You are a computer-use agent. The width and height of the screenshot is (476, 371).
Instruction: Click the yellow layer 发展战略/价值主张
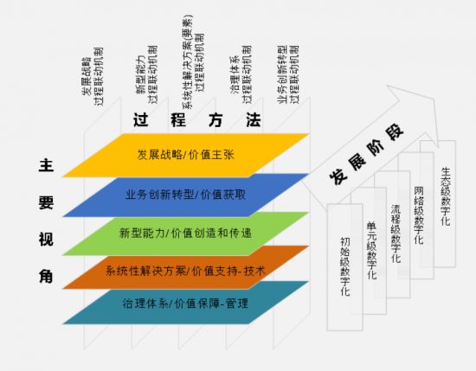[186, 156]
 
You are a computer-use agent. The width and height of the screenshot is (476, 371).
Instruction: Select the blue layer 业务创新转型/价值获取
[186, 195]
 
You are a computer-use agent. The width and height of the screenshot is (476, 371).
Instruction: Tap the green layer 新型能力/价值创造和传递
[186, 233]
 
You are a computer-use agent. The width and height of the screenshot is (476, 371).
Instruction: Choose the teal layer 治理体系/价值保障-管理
[186, 304]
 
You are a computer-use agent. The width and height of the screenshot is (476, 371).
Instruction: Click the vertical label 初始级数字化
[344, 266]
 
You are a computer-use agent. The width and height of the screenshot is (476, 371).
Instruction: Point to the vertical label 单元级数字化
[372, 251]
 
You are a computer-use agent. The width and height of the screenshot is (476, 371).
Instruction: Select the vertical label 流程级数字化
[396, 233]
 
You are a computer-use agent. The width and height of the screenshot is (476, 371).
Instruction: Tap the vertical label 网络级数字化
[419, 215]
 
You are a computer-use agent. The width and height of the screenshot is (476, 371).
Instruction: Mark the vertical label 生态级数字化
[446, 196]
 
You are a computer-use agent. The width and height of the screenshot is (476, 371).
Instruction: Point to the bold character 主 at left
[46, 165]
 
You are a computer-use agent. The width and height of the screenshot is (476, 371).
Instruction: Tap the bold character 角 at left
[46, 277]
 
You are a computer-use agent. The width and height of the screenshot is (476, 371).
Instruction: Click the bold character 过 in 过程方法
[141, 120]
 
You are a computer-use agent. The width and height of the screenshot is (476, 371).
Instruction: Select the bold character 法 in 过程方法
[254, 120]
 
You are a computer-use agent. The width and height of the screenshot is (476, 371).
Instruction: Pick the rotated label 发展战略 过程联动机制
[93, 76]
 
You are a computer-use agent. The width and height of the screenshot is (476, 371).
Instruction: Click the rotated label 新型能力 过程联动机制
[146, 75]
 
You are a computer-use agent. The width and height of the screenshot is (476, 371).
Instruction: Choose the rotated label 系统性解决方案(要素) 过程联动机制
[193, 62]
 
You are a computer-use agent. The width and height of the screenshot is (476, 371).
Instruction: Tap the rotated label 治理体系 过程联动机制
[241, 75]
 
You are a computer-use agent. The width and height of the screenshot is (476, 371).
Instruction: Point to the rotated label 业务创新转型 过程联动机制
[288, 75]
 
